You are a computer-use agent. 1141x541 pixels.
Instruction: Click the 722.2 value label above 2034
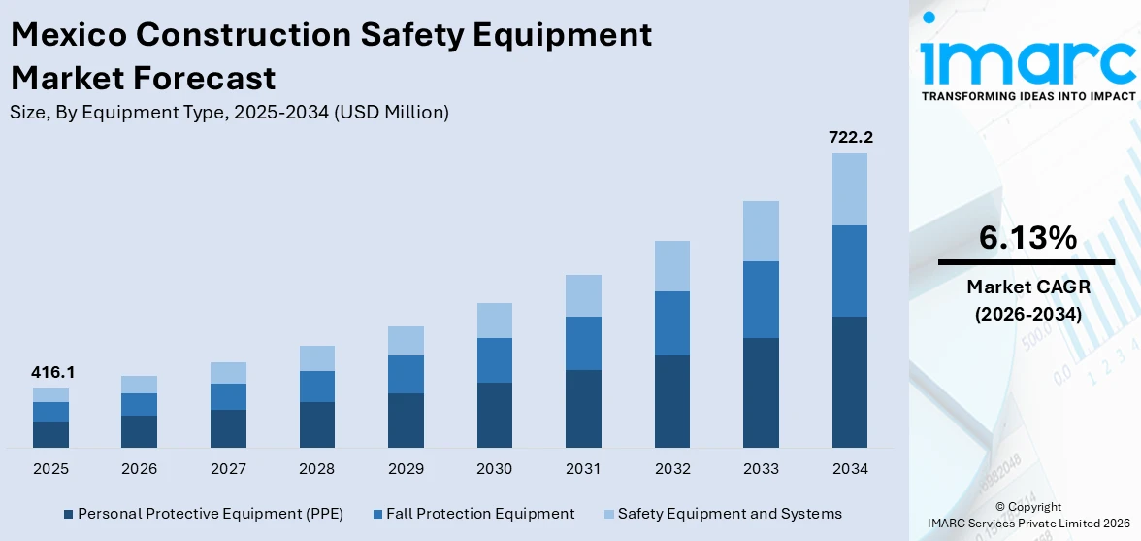[850, 138]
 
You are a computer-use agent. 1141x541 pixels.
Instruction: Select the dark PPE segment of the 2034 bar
[850, 382]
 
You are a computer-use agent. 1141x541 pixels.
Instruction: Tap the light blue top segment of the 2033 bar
[761, 231]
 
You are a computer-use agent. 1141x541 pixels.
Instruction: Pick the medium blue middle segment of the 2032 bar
[672, 323]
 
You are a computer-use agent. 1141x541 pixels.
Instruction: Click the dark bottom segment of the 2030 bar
[495, 415]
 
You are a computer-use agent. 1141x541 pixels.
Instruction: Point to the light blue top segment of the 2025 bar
[50, 394]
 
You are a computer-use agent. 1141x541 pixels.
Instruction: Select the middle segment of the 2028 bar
[317, 387]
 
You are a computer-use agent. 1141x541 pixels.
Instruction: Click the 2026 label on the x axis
[140, 469]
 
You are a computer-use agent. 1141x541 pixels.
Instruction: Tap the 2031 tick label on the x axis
[583, 469]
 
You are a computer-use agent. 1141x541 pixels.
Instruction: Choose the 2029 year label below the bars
[406, 469]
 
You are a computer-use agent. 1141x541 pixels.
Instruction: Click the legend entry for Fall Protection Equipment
[479, 514]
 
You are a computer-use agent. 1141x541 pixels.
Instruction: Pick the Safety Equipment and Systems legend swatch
[608, 514]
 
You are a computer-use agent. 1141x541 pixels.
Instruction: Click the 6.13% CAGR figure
[1027, 237]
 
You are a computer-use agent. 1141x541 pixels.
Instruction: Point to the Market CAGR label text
[1027, 287]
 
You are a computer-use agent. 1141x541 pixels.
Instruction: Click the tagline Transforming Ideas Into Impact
[1027, 96]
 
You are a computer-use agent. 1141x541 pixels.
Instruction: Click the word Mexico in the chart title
[68, 36]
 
